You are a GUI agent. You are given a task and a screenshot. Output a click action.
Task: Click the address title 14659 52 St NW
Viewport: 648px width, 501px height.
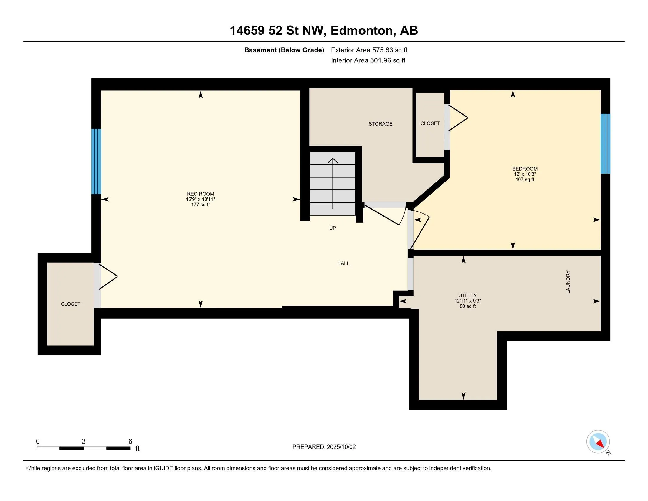(278, 31)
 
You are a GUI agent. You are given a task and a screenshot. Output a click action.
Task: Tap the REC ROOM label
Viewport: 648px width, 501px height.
(200, 194)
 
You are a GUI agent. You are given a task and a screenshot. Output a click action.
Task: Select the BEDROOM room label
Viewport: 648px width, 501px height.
(525, 169)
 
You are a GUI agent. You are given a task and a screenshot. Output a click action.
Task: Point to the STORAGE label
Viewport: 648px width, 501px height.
(380, 124)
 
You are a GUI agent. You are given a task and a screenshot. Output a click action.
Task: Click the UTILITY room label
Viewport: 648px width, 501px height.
(468, 296)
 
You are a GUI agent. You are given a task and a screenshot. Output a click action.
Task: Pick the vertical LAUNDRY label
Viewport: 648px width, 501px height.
(568, 282)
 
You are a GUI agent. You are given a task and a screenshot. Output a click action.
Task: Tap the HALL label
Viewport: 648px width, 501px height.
(343, 263)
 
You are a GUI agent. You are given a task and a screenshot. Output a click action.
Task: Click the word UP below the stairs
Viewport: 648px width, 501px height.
(332, 228)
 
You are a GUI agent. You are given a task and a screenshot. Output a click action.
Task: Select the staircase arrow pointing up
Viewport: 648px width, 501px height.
(333, 183)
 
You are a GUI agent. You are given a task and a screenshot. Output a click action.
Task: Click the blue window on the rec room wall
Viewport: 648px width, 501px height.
(96, 161)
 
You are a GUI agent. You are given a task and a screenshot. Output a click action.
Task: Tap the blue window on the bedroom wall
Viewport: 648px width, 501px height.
(605, 144)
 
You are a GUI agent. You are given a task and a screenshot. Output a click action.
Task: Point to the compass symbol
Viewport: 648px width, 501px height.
(598, 442)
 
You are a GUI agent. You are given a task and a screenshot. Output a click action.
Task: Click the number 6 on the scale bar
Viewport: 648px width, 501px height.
(130, 441)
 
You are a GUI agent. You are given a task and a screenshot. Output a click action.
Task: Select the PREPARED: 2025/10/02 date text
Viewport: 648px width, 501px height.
(324, 447)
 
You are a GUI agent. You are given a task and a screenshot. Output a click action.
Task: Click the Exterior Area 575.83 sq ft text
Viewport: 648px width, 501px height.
(369, 50)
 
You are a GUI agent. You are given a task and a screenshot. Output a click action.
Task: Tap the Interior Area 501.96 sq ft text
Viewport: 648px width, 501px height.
(368, 60)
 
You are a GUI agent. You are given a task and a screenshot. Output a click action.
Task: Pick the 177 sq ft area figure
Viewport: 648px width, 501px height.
(200, 205)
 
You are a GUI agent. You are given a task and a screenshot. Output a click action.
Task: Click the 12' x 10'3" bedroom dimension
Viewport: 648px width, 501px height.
(525, 174)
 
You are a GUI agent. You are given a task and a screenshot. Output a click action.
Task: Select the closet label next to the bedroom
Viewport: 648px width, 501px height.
(430, 123)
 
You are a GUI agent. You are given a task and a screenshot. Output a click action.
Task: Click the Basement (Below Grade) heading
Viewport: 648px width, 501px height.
(284, 50)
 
